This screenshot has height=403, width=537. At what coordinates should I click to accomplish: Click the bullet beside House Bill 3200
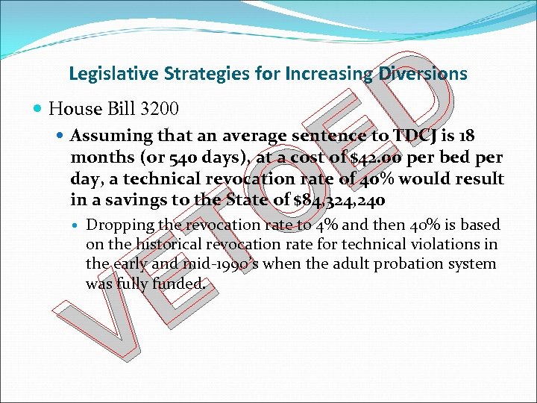click(39, 109)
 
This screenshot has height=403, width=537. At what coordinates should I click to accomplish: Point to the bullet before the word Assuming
click(62, 137)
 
